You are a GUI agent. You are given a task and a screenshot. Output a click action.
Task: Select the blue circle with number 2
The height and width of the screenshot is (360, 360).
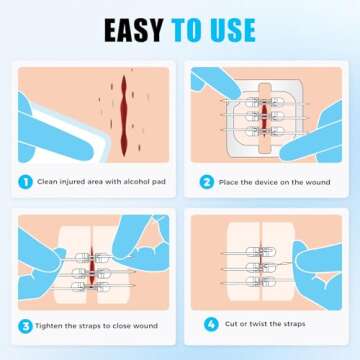207,182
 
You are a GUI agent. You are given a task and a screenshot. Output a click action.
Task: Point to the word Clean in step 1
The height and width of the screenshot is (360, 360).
50,182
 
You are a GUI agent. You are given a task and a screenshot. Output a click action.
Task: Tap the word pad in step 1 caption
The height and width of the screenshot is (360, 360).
158,182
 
